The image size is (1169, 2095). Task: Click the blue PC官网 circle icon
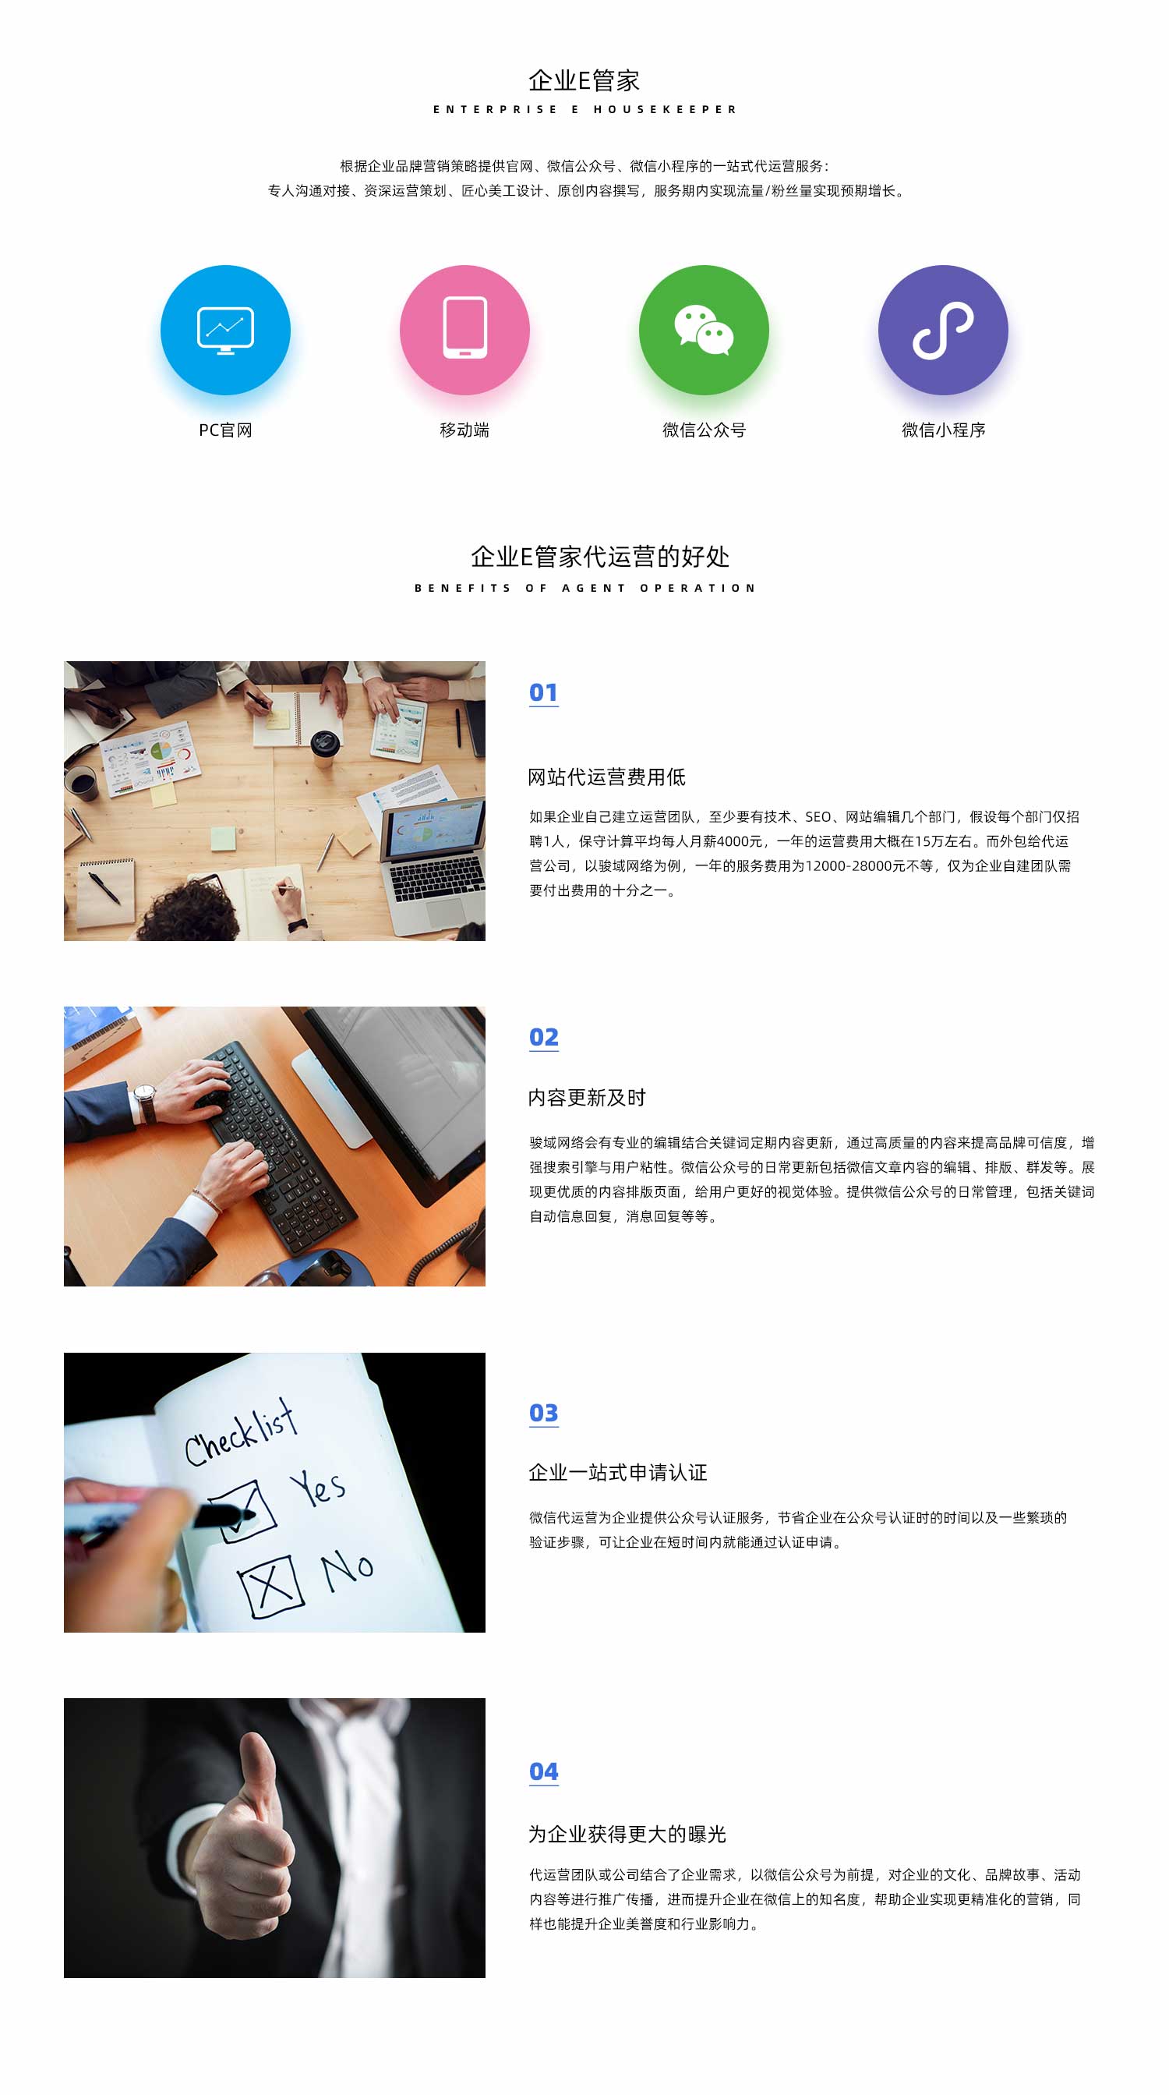[225, 329]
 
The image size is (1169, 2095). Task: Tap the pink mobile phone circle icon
[464, 329]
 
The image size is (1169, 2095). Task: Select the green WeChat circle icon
[704, 329]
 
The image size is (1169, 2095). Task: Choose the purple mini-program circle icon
[943, 329]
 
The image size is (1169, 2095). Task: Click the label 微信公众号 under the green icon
[704, 430]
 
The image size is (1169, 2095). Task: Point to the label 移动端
[464, 430]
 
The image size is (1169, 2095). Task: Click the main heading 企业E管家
[584, 80]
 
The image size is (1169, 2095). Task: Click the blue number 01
[543, 692]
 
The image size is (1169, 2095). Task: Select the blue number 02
[543, 1037]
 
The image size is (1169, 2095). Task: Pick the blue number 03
[543, 1413]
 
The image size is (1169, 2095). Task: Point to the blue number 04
[543, 1771]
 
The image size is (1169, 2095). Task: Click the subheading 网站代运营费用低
[606, 777]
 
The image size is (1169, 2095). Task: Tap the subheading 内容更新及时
[587, 1097]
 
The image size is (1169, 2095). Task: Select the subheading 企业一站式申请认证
[618, 1472]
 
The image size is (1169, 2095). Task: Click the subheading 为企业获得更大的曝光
[627, 1834]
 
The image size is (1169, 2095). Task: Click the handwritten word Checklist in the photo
[240, 1433]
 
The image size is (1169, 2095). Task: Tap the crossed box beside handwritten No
[271, 1586]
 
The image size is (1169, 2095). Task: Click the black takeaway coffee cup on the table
[324, 748]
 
